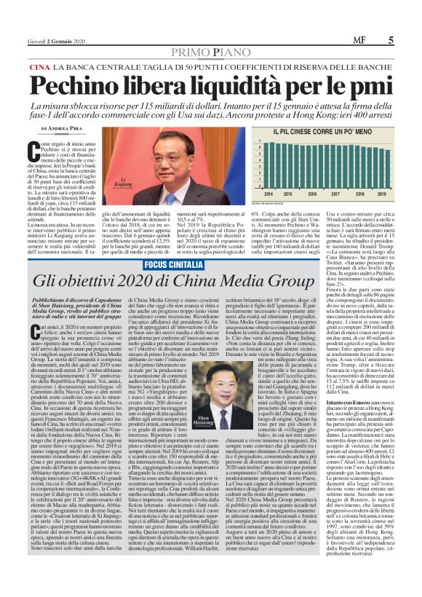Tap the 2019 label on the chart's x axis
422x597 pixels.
click(x=374, y=194)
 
